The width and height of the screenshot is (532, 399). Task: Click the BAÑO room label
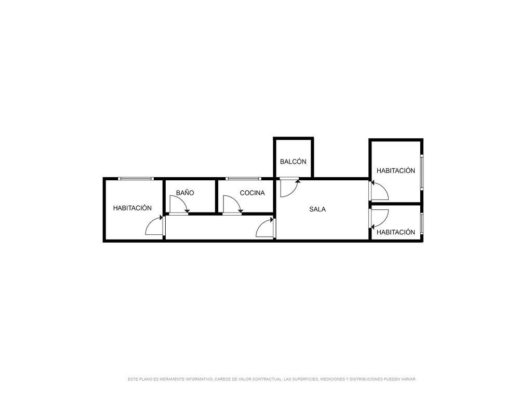point(185,193)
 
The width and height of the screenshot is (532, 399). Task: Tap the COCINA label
point(252,193)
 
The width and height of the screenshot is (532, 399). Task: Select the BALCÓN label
point(293,162)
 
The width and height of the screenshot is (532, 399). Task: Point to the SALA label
point(317,209)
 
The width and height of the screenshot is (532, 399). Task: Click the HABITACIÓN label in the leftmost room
point(132,208)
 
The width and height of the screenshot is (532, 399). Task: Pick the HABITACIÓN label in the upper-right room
point(395,170)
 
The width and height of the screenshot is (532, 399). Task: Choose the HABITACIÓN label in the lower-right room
point(395,232)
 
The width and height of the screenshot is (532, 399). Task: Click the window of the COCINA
point(243,179)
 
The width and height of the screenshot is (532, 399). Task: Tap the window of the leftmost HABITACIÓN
point(136,179)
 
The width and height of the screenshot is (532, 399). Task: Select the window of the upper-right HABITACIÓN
point(422,172)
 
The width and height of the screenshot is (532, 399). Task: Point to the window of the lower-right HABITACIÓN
point(422,223)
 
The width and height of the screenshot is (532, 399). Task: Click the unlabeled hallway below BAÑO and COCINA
point(219,228)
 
